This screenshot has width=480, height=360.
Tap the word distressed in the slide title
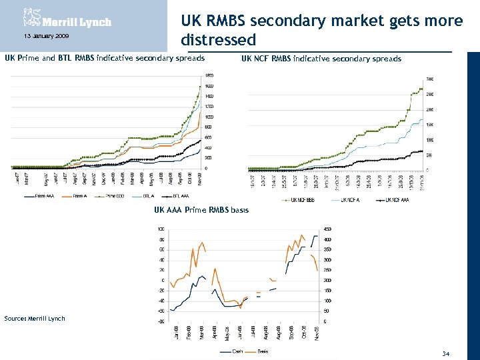(218, 40)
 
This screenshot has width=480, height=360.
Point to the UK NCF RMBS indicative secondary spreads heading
(321, 59)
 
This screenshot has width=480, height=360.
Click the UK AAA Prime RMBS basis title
(201, 210)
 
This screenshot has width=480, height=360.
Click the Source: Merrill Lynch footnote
(35, 318)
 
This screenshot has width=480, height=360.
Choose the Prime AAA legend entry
(39, 196)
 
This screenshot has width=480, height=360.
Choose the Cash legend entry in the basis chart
(231, 351)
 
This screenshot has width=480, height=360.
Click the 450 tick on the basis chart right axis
(329, 229)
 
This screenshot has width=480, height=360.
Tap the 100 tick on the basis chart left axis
(161, 229)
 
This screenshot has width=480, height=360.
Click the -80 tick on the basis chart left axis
(161, 321)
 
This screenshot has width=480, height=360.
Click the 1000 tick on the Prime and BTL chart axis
(209, 117)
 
